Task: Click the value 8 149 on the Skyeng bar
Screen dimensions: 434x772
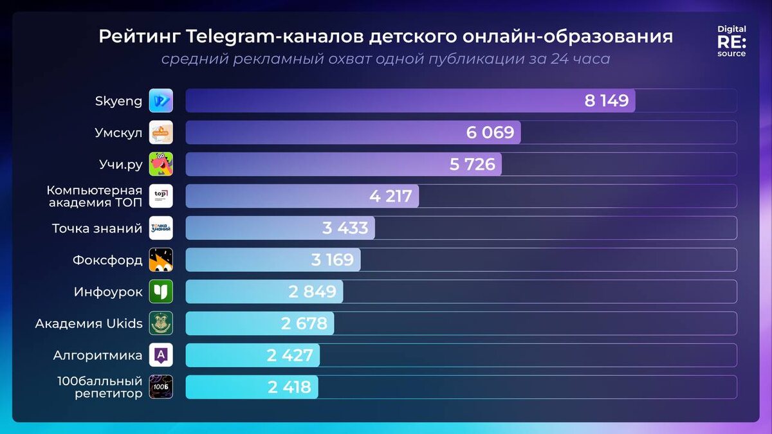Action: point(606,101)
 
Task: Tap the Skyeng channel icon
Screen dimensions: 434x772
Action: point(161,101)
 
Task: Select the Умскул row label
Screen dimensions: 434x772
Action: point(118,133)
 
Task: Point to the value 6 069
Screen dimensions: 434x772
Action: point(490,133)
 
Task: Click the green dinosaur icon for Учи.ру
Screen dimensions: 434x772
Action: point(161,164)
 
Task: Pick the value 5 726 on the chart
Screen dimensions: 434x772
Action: point(472,165)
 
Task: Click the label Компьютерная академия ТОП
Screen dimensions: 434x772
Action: point(95,196)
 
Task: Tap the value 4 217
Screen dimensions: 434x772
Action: point(391,196)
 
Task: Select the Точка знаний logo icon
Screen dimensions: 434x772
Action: point(161,228)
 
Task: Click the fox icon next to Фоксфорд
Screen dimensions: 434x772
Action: point(161,260)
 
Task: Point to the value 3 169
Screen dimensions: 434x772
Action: point(332,260)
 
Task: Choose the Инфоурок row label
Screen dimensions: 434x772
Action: point(108,292)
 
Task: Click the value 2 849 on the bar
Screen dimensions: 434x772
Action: point(312,292)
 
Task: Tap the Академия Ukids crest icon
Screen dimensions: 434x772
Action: point(161,323)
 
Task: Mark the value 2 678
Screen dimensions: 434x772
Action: point(304,323)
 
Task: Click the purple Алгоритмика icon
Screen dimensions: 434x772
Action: point(161,355)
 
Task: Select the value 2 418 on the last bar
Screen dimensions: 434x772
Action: point(289,387)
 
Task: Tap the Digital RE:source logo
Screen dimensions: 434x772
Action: point(731,41)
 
